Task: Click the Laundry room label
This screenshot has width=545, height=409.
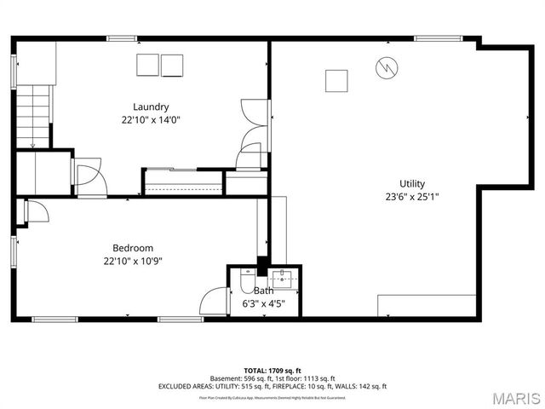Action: (x=150, y=107)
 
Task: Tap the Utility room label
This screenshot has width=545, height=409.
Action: (x=412, y=183)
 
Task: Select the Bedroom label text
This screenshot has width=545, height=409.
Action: (x=128, y=248)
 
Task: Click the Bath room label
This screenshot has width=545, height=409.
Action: (x=263, y=291)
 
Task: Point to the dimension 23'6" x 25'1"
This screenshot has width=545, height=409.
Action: (x=412, y=196)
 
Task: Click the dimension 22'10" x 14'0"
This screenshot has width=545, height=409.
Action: (x=150, y=119)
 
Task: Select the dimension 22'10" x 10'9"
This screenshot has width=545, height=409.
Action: (x=128, y=261)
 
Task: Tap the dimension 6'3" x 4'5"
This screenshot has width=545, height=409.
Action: (x=263, y=302)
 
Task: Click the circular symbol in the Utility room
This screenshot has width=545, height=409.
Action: (x=387, y=66)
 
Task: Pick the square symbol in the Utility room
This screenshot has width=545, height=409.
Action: (x=336, y=80)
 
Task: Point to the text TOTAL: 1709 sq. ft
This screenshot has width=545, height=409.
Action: (x=272, y=371)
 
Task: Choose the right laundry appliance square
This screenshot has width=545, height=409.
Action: (x=172, y=65)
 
